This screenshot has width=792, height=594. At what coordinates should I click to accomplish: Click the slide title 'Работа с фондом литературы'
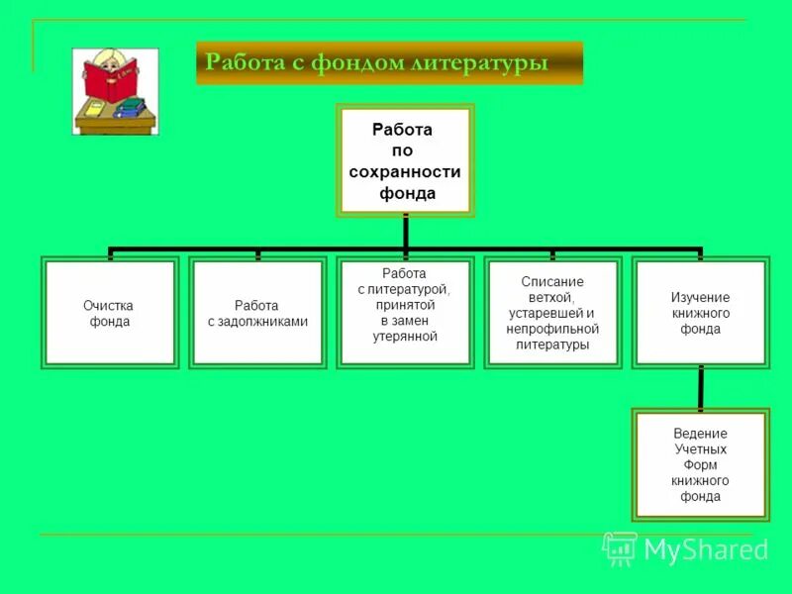coord(376,62)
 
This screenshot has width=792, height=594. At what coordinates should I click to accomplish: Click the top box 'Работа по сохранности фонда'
coord(406,160)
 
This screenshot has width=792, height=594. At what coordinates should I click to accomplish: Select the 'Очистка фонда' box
coord(110,313)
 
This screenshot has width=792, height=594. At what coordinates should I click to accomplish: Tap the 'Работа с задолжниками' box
coord(257,313)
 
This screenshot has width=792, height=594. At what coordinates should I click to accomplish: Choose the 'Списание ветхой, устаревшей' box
coord(552,313)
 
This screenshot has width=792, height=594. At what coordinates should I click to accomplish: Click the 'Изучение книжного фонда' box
coord(700,313)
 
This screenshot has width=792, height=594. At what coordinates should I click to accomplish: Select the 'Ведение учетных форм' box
coord(700,464)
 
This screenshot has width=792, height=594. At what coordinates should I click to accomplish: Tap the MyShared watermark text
coord(705,549)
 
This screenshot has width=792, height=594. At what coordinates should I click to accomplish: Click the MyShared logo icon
coord(620,547)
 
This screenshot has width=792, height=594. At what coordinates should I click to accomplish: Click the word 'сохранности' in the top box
coord(406,171)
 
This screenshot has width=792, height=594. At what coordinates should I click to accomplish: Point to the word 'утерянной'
coord(404,337)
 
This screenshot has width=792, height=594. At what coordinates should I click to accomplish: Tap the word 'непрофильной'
coord(552,329)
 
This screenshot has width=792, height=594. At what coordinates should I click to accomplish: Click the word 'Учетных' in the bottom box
coord(700,448)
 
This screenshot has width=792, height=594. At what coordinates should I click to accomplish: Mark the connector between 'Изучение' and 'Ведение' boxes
coord(700,388)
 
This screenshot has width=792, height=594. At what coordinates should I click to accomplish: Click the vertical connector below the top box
coord(406,232)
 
